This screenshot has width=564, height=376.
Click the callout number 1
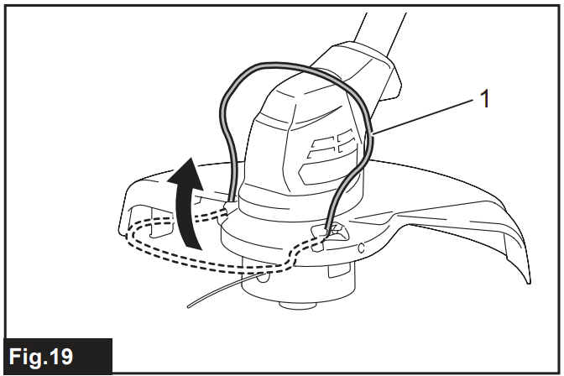coord(483,100)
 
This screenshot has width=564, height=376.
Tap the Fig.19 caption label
coord(56,355)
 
